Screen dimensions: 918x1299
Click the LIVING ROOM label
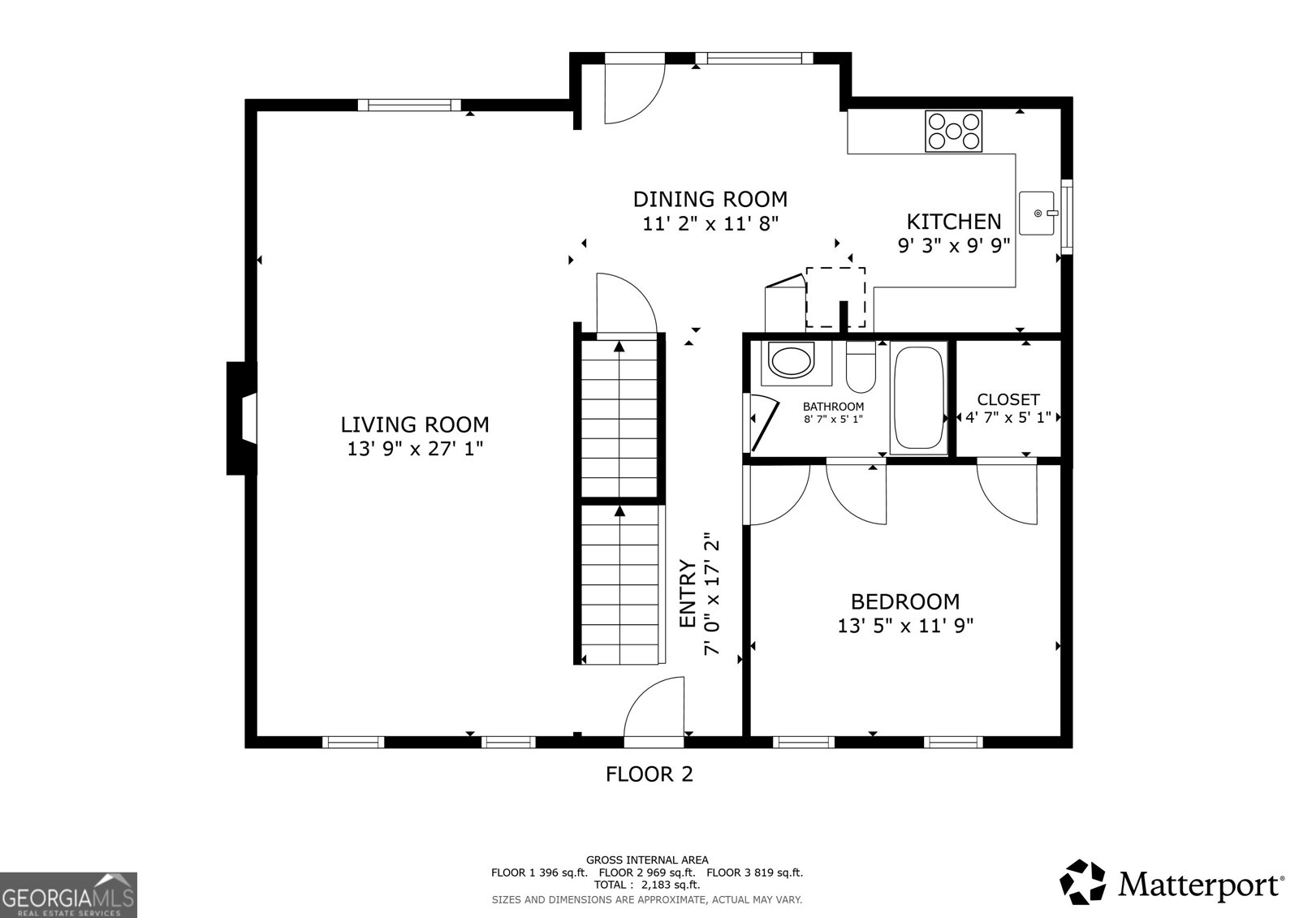415,425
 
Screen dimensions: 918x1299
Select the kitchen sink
1037,213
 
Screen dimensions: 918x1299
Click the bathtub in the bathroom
918,398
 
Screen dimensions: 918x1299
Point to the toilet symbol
860,369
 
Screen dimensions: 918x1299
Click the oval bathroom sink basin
791,360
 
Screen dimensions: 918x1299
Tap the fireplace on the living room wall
242,418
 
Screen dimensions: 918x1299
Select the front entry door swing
654,713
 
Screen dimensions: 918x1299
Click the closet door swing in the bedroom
1008,490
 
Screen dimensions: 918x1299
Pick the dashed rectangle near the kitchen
835,297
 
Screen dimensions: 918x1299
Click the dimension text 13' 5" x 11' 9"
905,626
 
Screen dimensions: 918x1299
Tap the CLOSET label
1008,399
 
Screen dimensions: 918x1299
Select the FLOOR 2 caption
649,774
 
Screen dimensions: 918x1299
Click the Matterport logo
1172,883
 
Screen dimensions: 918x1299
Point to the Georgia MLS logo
68,894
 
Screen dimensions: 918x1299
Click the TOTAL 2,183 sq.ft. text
646,885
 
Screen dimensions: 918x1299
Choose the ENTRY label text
688,594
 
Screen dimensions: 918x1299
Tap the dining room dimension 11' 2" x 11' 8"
710,224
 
